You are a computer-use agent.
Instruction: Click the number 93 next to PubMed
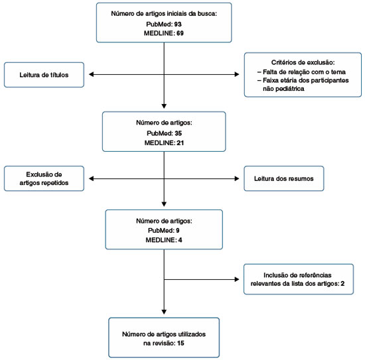[178, 24]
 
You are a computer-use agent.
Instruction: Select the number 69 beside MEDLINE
[180, 33]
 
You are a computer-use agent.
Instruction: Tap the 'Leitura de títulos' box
[44, 75]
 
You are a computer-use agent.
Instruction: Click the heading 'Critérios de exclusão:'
[303, 62]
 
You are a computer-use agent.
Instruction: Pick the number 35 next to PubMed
[179, 133]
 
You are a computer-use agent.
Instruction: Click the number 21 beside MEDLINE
[180, 143]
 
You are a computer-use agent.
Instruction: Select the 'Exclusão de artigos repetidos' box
[44, 178]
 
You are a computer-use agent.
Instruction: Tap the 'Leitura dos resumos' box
[284, 178]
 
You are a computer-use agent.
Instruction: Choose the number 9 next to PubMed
[178, 231]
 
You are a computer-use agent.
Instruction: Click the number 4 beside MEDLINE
[180, 240]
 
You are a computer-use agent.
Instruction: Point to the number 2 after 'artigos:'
[342, 284]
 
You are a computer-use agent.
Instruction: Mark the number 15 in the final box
[181, 343]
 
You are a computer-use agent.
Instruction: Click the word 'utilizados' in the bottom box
[192, 334]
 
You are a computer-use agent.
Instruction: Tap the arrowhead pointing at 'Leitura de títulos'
[92, 74]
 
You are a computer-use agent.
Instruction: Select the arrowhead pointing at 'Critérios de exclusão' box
[237, 74]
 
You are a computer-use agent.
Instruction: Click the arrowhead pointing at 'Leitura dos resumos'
[237, 178]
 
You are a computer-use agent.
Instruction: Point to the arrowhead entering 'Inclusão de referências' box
[237, 279]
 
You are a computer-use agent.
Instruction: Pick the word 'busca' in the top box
[208, 13]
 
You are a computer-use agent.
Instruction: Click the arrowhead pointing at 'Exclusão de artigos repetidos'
[92, 178]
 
